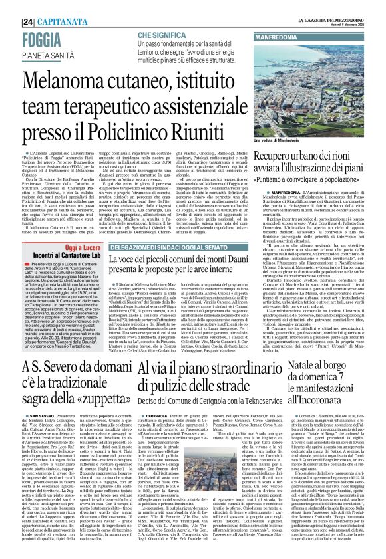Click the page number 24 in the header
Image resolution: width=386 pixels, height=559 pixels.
pos(11,6)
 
